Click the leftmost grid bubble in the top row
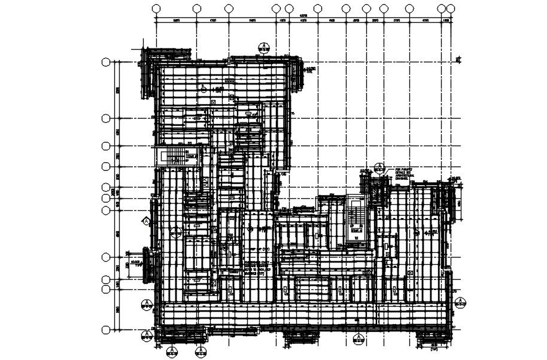[x=157, y=8]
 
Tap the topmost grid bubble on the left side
[x=107, y=62]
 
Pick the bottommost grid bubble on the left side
[x=107, y=330]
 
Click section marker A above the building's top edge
[x=263, y=47]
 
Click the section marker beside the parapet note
[x=379, y=167]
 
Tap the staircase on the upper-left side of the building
[x=168, y=156]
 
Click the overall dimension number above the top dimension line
[x=303, y=16]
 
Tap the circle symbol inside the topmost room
[x=203, y=89]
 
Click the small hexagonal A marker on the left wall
[x=146, y=221]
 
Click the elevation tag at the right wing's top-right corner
[x=455, y=179]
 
